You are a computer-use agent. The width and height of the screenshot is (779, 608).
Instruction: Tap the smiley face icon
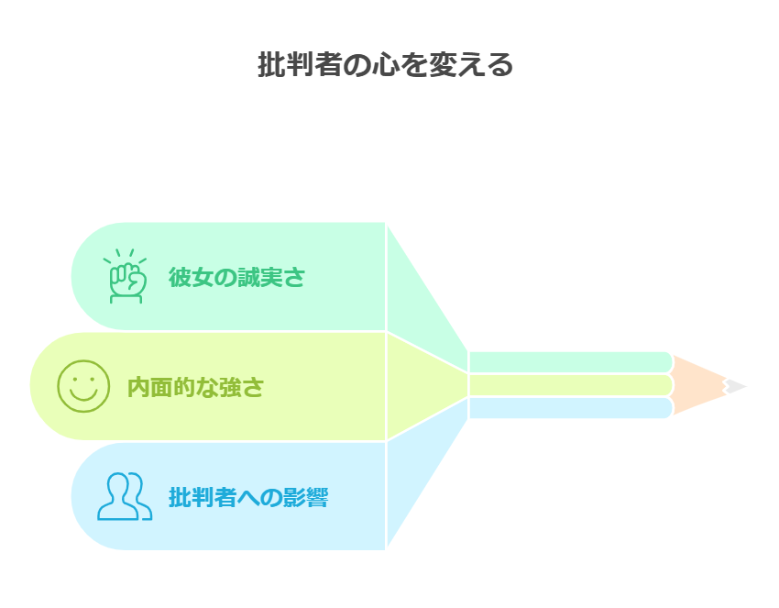(83, 386)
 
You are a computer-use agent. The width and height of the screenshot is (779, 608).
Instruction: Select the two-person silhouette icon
(125, 496)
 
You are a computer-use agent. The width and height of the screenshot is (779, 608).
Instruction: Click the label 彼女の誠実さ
(236, 277)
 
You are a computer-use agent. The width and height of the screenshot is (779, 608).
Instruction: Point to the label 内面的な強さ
(195, 387)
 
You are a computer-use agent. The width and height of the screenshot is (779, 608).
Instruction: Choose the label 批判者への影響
(248, 498)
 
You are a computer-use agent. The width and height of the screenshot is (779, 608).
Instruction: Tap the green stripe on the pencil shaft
(568, 361)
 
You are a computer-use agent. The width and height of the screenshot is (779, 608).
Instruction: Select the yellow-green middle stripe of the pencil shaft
(568, 385)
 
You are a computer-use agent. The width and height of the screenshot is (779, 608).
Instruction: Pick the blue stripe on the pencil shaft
(568, 408)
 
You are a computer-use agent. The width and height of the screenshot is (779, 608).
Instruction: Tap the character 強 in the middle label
(229, 387)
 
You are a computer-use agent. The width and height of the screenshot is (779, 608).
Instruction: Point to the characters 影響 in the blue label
(305, 498)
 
